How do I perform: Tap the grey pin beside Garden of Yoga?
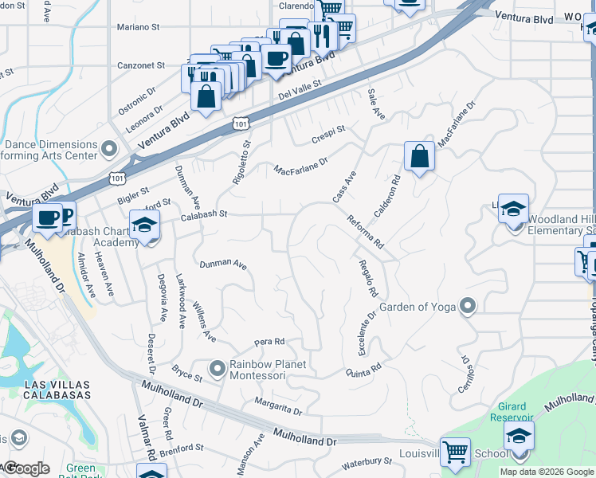click(468, 306)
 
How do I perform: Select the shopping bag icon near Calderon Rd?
click(419, 156)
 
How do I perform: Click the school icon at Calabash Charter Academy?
click(144, 226)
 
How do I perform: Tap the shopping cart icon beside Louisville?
click(455, 453)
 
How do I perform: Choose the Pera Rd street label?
click(269, 342)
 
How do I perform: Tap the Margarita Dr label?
click(278, 406)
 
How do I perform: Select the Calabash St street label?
click(204, 214)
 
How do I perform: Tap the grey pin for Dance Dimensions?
click(110, 148)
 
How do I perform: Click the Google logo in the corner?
click(26, 468)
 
